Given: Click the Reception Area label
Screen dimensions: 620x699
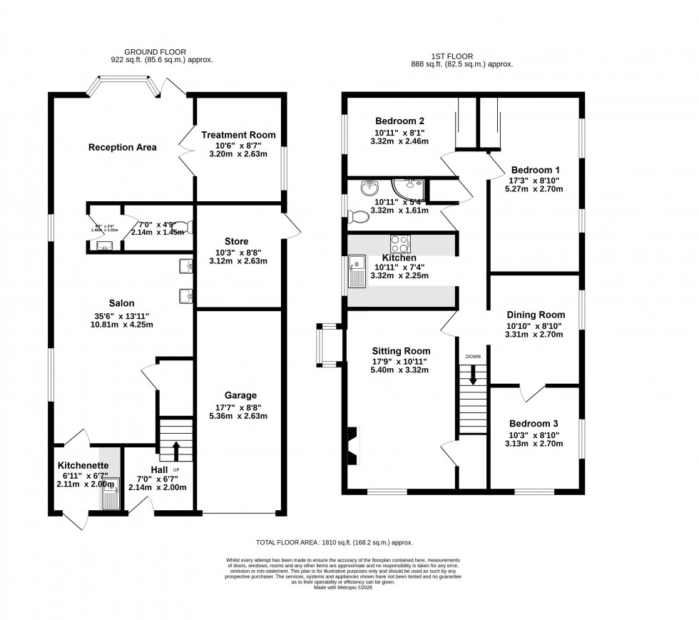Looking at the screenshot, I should [x=122, y=148].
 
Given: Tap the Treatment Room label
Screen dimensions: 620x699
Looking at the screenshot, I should [x=238, y=135].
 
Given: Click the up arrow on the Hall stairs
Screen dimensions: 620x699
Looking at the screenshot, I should [x=175, y=449].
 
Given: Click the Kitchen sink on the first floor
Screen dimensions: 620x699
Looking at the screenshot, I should [x=356, y=271].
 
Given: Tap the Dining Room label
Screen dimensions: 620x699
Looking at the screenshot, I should [x=536, y=315].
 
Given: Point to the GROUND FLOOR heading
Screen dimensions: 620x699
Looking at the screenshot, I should [x=155, y=53].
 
